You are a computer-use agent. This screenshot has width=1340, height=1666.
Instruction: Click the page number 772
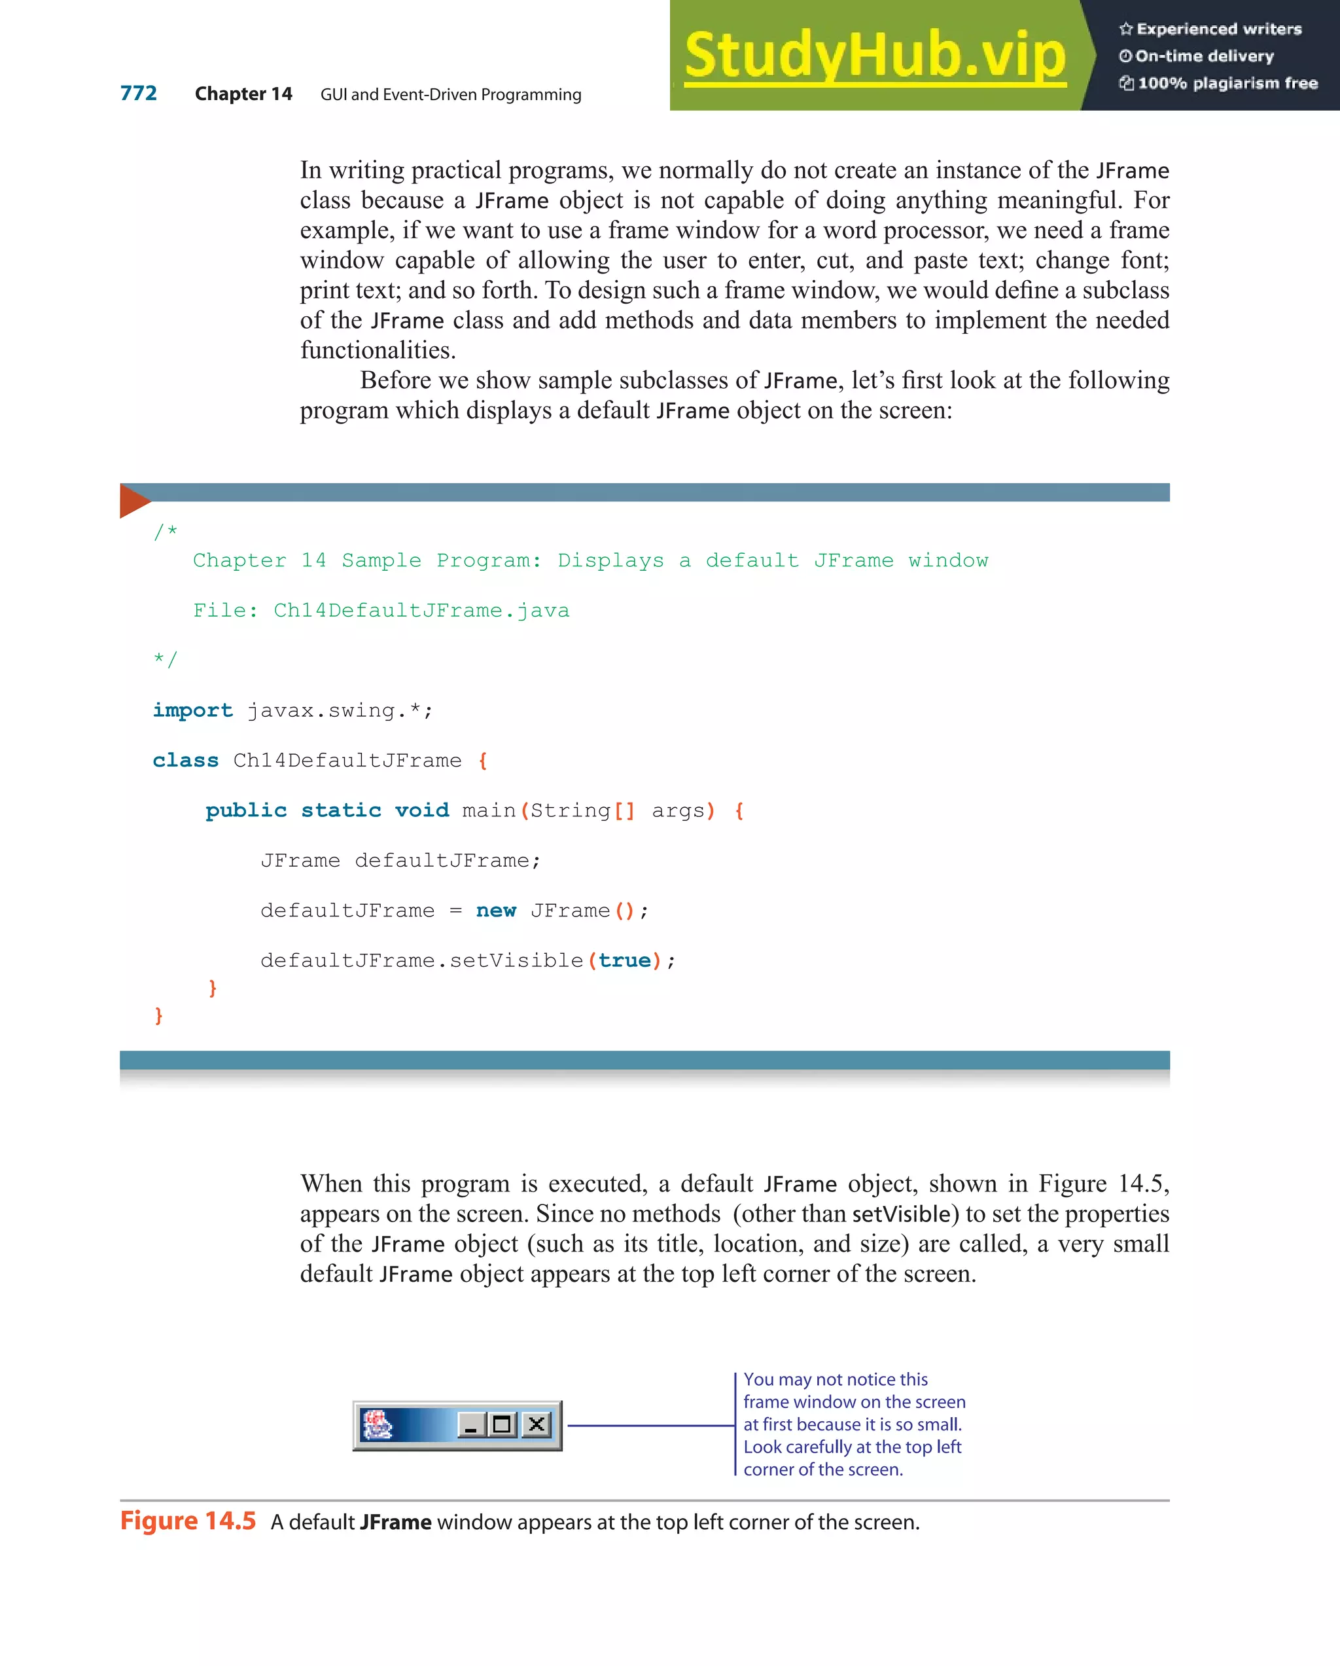[138, 94]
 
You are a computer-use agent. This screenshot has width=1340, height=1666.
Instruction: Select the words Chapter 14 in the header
[243, 94]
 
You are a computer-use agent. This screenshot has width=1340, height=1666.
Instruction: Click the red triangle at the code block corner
[133, 500]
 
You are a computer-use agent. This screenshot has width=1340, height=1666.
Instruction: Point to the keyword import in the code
[192, 710]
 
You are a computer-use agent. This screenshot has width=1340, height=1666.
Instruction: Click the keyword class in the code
[185, 761]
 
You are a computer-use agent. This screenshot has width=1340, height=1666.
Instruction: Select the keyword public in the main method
[245, 810]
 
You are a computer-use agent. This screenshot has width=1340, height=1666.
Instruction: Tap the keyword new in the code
[495, 911]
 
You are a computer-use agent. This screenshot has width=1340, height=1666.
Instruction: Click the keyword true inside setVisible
[624, 960]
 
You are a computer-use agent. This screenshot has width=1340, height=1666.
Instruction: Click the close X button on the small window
[536, 1424]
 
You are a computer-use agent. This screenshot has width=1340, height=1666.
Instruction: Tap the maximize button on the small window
[502, 1424]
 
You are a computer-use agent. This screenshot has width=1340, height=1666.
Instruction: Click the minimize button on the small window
[470, 1424]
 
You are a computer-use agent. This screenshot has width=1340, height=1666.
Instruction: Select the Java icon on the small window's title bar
[378, 1425]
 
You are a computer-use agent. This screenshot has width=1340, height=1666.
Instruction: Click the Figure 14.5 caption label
[188, 1521]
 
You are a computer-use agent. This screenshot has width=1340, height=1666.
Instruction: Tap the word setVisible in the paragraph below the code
[900, 1214]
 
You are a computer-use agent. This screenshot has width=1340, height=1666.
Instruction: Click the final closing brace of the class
[158, 1015]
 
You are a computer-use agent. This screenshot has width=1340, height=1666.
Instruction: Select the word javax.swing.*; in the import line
[340, 710]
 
